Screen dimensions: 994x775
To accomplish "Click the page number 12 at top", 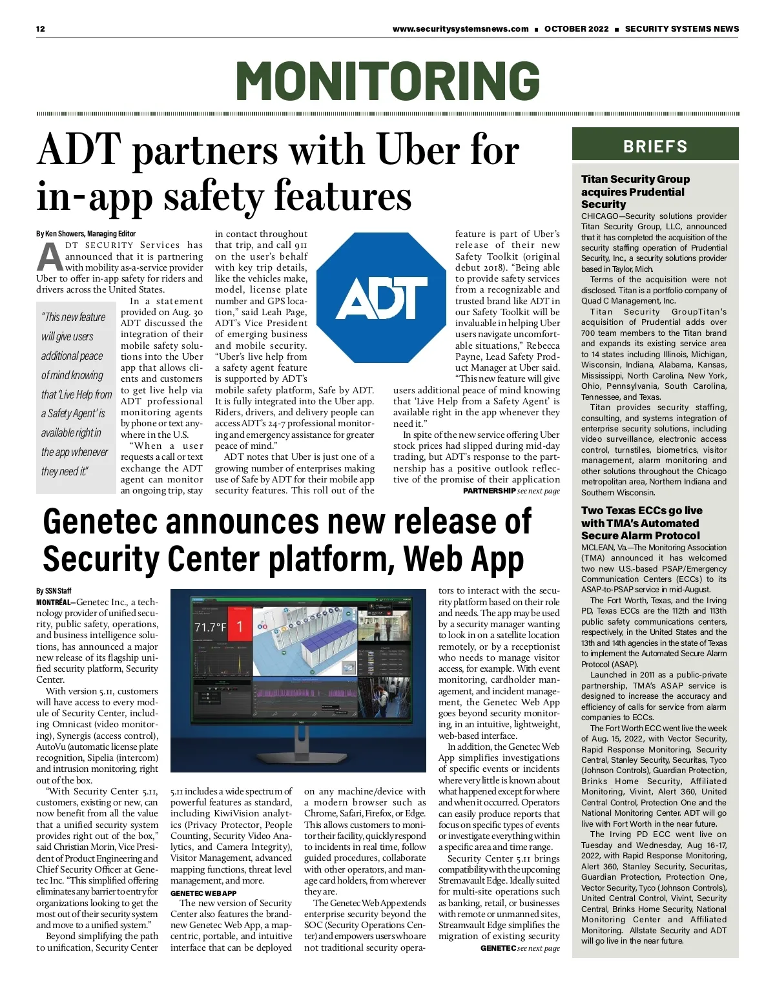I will click(41, 29).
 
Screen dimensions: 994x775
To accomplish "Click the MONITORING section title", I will click(387, 81).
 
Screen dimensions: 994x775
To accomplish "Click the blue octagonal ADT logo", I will click(382, 298).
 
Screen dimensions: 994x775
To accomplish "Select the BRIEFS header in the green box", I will click(655, 146).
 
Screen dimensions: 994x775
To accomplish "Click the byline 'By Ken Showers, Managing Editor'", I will click(86, 234).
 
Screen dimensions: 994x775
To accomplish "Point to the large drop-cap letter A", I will click(50, 257).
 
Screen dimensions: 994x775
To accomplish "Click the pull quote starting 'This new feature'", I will click(76, 394).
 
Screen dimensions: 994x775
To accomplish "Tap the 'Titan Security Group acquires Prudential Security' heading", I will click(635, 191).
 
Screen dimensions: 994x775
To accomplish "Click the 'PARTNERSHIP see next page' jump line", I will click(511, 492).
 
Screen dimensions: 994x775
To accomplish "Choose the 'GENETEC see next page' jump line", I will click(519, 948).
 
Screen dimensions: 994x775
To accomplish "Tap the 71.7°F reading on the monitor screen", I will click(210, 627).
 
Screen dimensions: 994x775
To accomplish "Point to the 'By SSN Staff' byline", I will click(54, 591).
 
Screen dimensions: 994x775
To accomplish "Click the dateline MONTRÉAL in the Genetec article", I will click(55, 602).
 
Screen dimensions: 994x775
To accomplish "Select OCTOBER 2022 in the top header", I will click(576, 29).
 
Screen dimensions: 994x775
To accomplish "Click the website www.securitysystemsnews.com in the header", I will click(460, 29).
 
